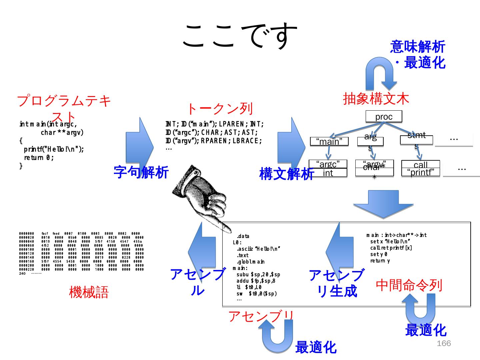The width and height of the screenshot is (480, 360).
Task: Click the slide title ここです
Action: pyautogui.click(x=240, y=36)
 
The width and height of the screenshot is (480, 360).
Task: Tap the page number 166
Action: pyautogui.click(x=444, y=344)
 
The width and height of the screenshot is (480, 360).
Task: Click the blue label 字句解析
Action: pyautogui.click(x=141, y=172)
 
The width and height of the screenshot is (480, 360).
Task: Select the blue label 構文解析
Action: pyautogui.click(x=286, y=174)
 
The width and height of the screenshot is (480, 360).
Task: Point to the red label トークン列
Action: pyautogui.click(x=220, y=109)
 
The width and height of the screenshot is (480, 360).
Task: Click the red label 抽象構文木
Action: pyautogui.click(x=376, y=99)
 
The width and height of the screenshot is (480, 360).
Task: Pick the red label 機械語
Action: pyautogui.click(x=89, y=292)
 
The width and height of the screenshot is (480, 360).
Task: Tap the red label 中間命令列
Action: pyautogui.click(x=409, y=285)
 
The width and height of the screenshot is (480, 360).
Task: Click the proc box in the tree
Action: pyautogui.click(x=384, y=117)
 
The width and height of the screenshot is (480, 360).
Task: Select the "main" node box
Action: pyautogui.click(x=329, y=142)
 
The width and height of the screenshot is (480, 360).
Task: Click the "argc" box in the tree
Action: pyautogui.click(x=328, y=164)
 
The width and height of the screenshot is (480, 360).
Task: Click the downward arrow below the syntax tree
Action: pyautogui.click(x=383, y=204)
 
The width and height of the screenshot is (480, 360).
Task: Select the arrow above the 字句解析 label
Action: pyautogui.click(x=140, y=143)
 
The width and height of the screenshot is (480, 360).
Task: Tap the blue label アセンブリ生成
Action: pyautogui.click(x=337, y=283)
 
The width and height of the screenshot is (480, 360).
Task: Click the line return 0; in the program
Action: pyautogui.click(x=39, y=158)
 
